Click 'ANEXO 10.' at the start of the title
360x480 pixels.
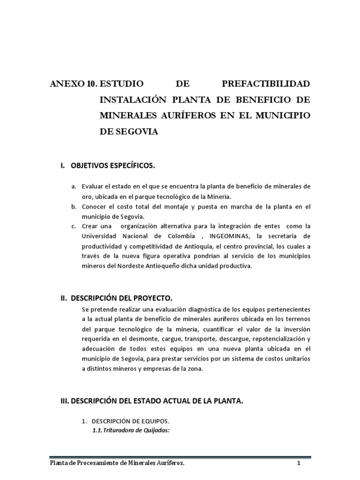[73, 84]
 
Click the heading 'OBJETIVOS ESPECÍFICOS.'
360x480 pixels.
[112, 166]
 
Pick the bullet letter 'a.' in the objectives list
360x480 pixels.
[74, 187]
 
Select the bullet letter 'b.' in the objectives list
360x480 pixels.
[74, 207]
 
